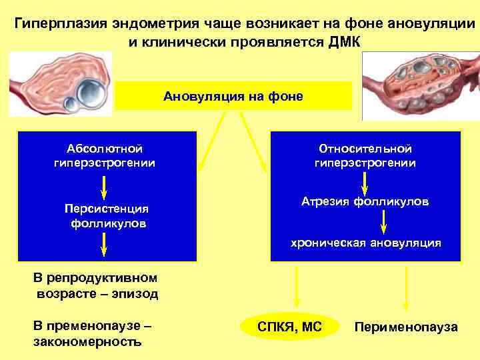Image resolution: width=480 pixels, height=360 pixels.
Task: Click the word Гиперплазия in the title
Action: point(55,25)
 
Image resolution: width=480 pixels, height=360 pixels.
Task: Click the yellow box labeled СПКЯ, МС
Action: point(289,327)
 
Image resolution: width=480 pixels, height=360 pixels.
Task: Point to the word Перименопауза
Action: point(406,327)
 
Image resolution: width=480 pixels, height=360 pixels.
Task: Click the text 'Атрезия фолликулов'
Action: point(365,201)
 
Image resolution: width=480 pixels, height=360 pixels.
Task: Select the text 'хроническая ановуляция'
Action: point(365,243)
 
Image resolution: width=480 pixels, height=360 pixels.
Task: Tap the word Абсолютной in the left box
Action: point(105,149)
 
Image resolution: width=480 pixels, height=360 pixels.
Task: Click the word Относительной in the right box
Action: point(365,149)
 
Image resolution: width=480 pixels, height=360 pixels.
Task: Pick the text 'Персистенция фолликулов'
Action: point(107,215)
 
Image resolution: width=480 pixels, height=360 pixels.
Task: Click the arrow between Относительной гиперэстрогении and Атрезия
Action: point(365,181)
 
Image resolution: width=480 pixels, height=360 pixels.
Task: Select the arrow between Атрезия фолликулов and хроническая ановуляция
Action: point(384,221)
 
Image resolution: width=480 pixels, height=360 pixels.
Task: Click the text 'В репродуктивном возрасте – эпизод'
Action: point(95,285)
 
